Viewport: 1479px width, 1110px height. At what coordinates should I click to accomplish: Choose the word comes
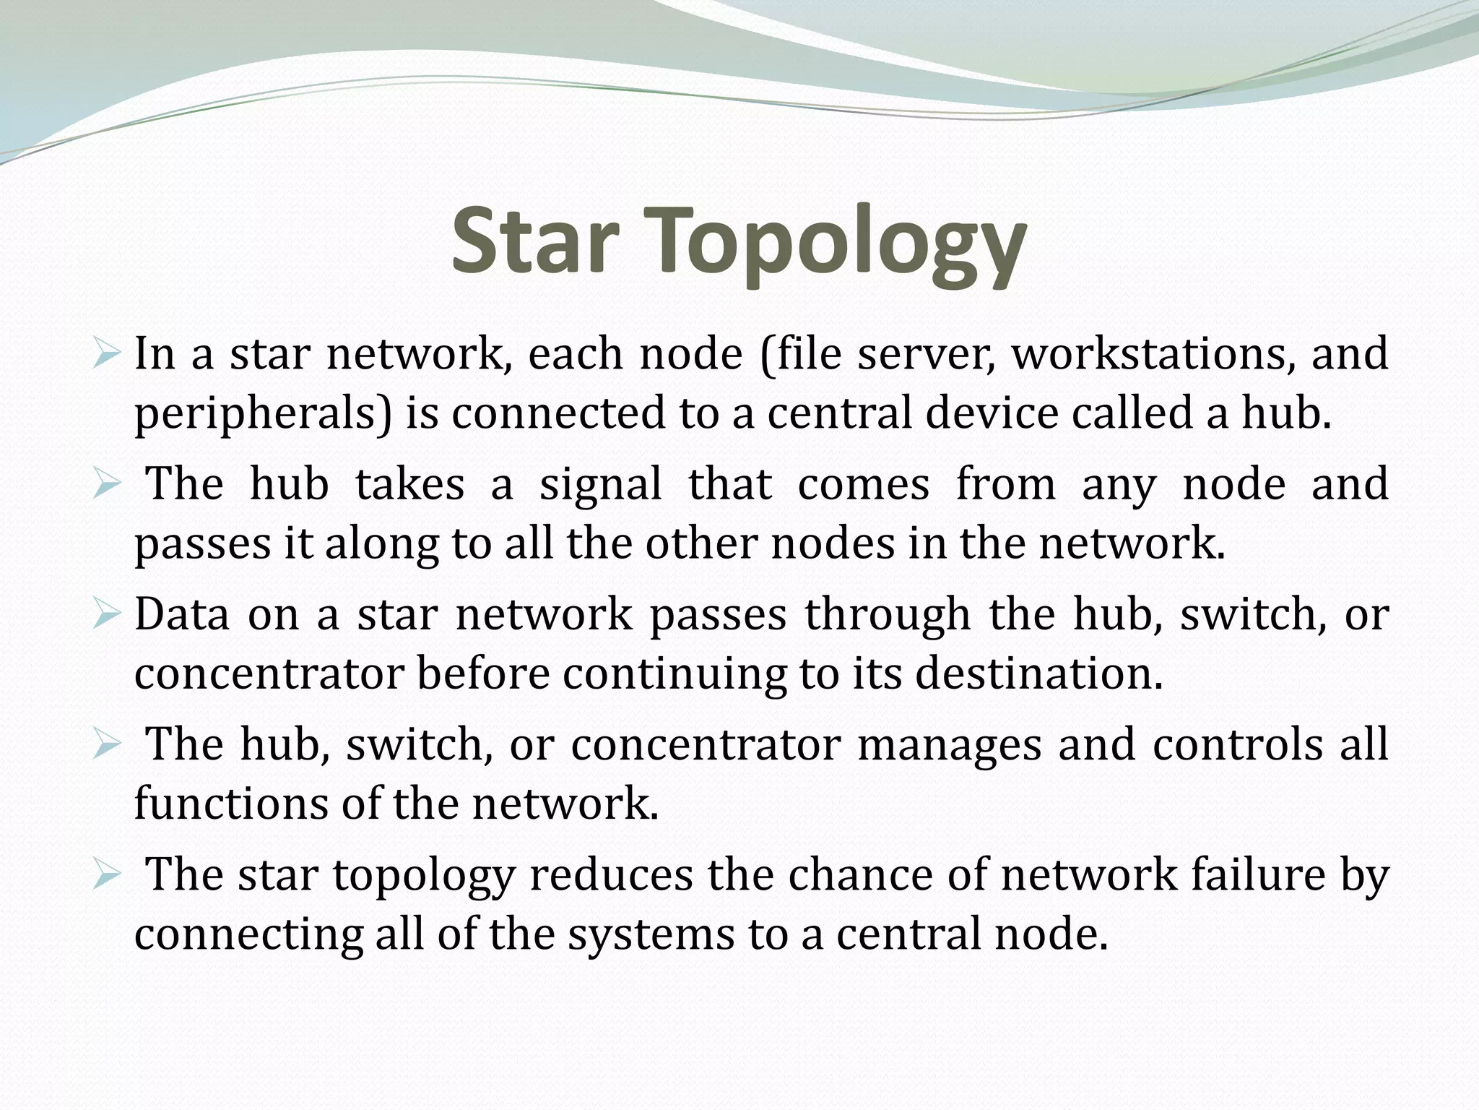[x=864, y=484]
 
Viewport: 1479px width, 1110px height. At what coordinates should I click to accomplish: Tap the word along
[x=381, y=543]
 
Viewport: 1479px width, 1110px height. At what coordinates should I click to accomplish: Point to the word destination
[x=1039, y=674]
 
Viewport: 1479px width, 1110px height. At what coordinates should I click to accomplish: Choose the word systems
[x=650, y=934]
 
